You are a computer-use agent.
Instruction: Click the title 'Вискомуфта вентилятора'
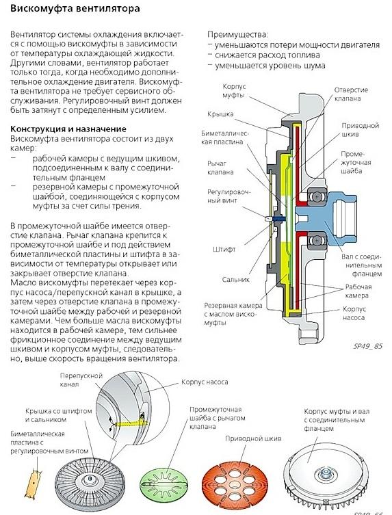(x=75, y=8)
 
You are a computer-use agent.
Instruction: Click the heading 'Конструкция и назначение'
(x=68, y=129)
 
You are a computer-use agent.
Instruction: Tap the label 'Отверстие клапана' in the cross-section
(x=351, y=94)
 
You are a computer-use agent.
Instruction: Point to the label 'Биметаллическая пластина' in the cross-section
(x=225, y=137)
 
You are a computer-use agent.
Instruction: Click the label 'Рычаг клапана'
(x=220, y=168)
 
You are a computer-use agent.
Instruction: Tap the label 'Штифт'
(x=224, y=249)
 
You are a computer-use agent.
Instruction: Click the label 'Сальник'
(x=235, y=280)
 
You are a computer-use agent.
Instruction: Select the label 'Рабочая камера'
(x=358, y=291)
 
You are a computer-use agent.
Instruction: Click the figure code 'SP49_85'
(x=367, y=346)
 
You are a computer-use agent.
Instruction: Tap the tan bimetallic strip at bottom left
(x=35, y=482)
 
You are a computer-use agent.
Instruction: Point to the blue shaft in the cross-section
(x=325, y=215)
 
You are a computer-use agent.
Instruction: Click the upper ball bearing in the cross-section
(x=317, y=197)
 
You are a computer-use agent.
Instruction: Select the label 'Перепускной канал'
(x=81, y=380)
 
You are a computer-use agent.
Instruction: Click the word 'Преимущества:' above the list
(x=238, y=34)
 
